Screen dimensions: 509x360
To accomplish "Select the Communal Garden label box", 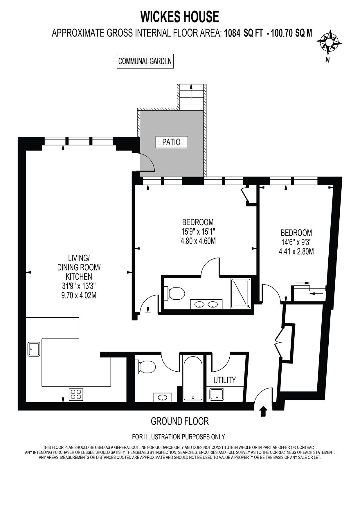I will point(145,61).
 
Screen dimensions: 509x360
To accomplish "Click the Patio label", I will point(171,142).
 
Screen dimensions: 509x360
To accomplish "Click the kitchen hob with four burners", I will point(76,394).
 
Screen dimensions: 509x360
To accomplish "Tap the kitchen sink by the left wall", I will point(34,349).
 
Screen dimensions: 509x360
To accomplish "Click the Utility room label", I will point(224,380).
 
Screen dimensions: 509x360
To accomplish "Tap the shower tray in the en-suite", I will point(240,293).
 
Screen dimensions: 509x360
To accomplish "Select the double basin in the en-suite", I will point(206,304).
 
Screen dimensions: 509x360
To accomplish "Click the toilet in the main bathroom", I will point(146,366).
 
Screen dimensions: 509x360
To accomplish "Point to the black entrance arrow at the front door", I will point(263,411).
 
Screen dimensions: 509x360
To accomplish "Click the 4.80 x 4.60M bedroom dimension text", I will point(198,241).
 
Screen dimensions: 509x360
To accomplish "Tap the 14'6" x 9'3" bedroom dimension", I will point(296,242).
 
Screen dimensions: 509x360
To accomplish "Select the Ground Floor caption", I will point(180,421).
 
